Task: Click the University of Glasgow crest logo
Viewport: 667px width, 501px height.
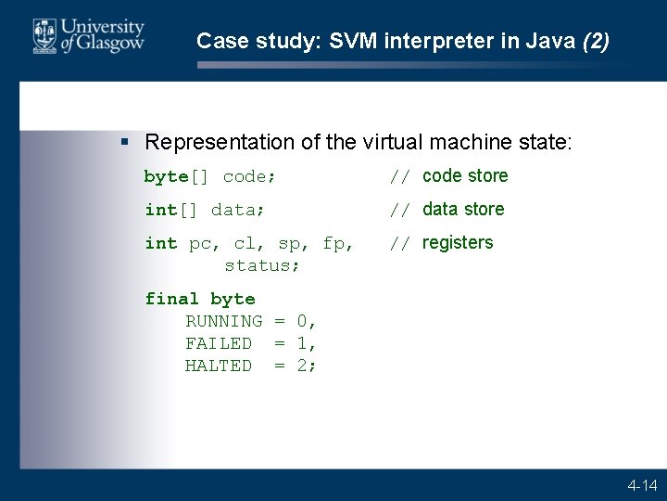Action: pyautogui.click(x=44, y=35)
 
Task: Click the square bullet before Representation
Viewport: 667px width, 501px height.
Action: pyautogui.click(x=125, y=142)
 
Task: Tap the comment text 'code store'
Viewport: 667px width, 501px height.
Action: pyautogui.click(x=465, y=176)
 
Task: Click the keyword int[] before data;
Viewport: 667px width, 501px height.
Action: pyautogui.click(x=171, y=210)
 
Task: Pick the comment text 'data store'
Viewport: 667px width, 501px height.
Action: pyautogui.click(x=463, y=210)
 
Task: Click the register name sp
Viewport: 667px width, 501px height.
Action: pyautogui.click(x=289, y=243)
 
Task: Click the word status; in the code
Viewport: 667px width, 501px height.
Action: pyautogui.click(x=262, y=265)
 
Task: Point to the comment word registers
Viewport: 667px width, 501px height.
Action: pyautogui.click(x=458, y=243)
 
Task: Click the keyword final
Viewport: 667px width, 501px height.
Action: pyautogui.click(x=171, y=299)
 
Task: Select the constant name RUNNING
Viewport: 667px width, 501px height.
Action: pyautogui.click(x=223, y=321)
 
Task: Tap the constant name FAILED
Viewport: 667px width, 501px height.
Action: pyautogui.click(x=218, y=343)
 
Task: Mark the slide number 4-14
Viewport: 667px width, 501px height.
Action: pyautogui.click(x=642, y=485)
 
